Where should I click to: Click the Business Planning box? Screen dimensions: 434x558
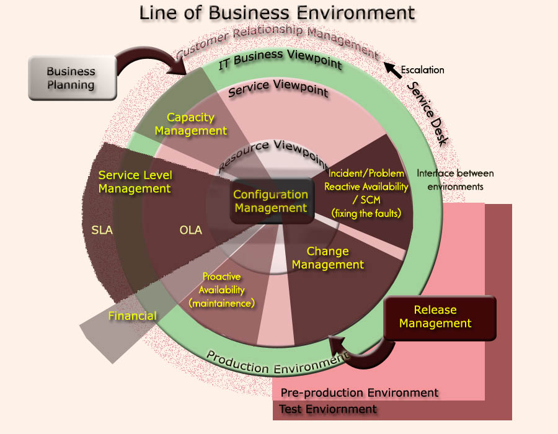pos(71,78)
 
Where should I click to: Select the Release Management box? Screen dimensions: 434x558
pos(440,317)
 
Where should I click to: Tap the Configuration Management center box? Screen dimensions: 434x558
pos(271,201)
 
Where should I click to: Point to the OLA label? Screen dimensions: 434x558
pos(191,230)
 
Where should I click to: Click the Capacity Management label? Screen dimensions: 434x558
pos(191,124)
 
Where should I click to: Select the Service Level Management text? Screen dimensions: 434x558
pos(135,182)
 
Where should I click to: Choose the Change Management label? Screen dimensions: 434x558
pos(328,258)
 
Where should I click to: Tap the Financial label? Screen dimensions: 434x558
pos(132,316)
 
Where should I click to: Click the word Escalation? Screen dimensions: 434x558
pos(423,70)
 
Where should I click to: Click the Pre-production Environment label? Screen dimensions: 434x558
pos(360,392)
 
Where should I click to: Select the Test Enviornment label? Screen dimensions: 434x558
pos(328,409)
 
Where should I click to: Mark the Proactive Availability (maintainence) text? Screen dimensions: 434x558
pos(221,290)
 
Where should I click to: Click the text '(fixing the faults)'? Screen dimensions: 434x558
pos(367,213)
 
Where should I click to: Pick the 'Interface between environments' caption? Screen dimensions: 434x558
pos(456,179)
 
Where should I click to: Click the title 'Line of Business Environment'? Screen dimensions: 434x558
pos(277,13)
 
